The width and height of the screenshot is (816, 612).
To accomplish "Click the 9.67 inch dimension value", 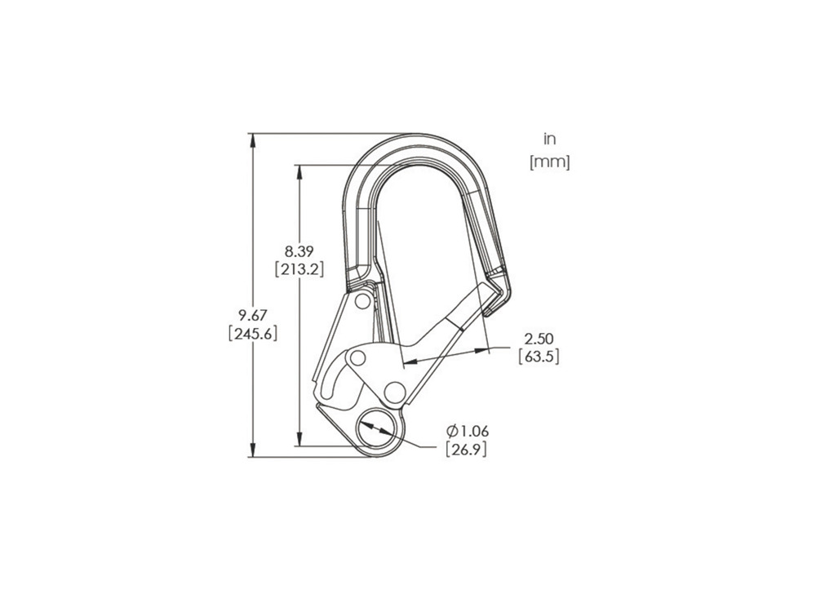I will pos(253,314).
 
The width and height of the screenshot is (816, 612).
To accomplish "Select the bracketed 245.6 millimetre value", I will pos(253,333).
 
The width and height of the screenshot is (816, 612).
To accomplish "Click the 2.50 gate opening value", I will pos(539,338).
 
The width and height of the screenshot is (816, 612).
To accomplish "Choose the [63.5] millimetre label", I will pos(539,357).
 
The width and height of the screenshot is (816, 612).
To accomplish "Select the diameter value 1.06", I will pos(474,431).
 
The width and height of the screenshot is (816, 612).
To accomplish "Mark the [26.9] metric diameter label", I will pos(466,450).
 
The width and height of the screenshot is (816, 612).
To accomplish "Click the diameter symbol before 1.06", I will pos(451,431).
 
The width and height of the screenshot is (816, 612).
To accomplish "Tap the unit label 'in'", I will pos(549,140).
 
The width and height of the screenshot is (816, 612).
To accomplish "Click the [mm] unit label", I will pos(549,162).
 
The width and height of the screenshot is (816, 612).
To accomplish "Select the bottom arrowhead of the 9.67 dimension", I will pos(253,450).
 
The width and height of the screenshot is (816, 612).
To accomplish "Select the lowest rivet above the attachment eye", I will pos(394,390).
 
